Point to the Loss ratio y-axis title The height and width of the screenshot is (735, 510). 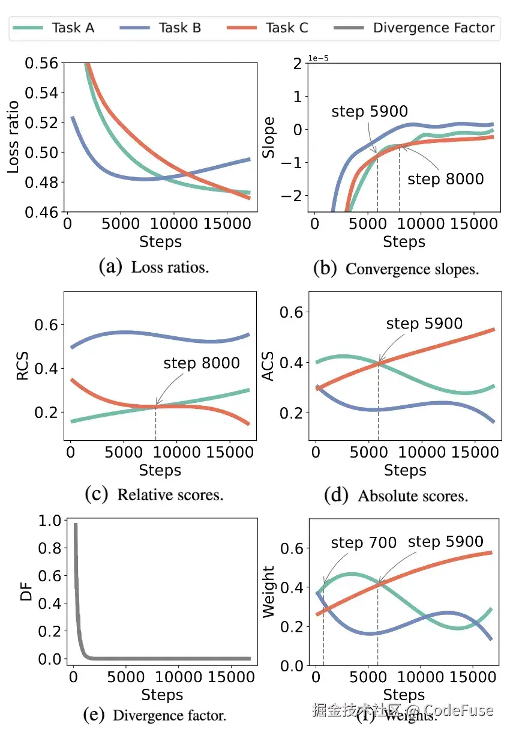tap(13, 138)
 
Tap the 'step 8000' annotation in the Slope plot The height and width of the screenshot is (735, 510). tap(445, 180)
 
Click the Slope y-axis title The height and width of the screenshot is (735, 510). tap(269, 138)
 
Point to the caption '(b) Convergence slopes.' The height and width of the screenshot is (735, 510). tap(396, 268)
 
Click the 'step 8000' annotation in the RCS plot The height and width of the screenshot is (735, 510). tap(201, 363)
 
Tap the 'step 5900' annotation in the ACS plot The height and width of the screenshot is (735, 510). tap(424, 324)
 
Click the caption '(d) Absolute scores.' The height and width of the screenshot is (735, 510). tap(396, 496)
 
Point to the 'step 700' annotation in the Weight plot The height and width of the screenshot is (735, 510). tap(364, 543)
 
